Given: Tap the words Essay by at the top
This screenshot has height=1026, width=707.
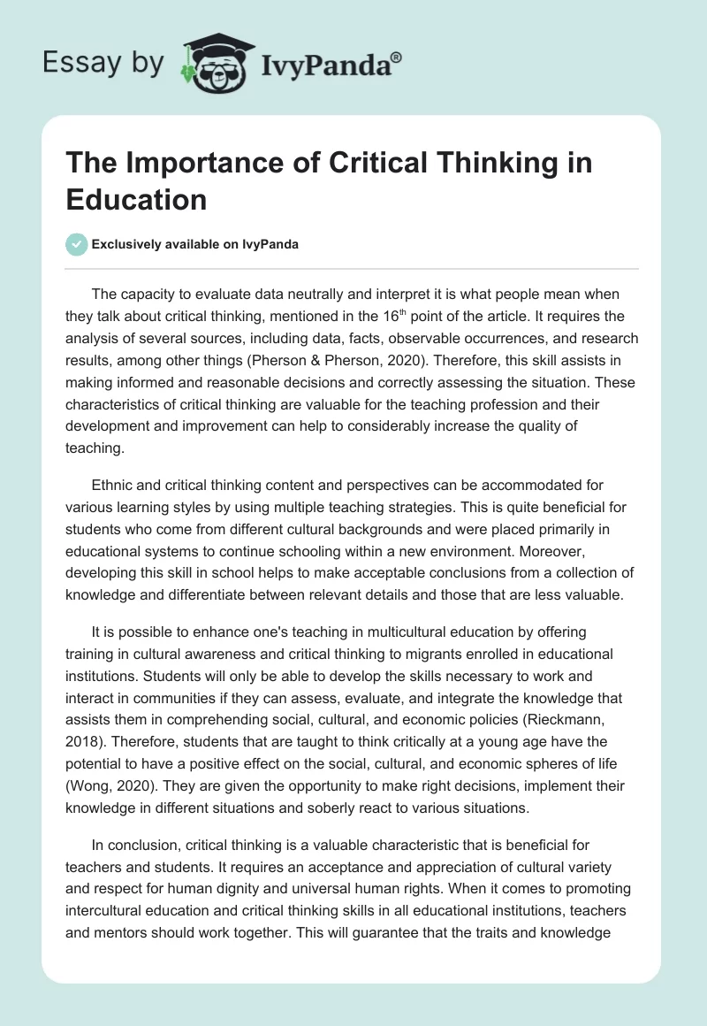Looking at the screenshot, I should [x=103, y=63].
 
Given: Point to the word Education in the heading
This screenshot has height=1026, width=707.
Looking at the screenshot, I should [x=137, y=199].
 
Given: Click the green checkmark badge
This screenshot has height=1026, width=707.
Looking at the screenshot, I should [x=77, y=244].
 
